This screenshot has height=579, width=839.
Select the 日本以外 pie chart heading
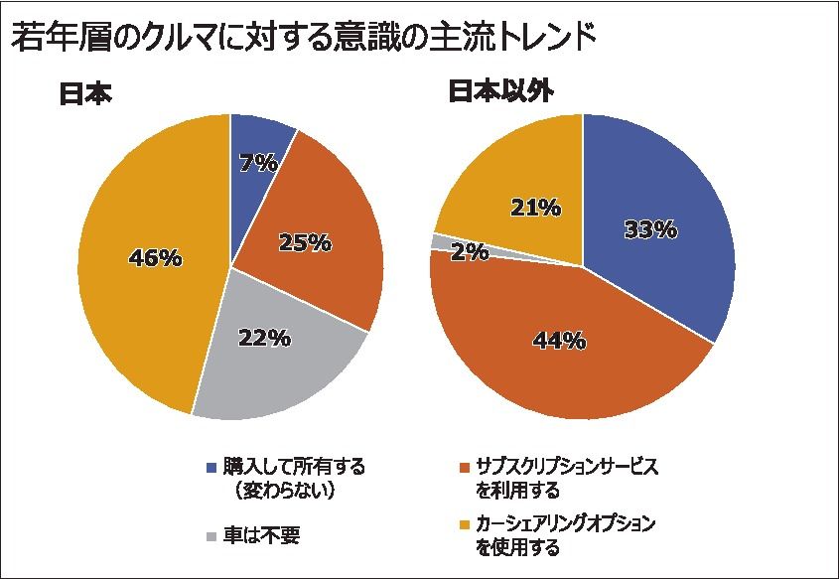pos(500,90)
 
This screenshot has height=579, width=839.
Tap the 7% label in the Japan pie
pos(258,162)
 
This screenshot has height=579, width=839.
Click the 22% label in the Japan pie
pos(264,338)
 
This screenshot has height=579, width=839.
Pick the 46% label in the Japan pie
pos(156,257)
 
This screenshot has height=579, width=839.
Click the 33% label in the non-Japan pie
pos(650,229)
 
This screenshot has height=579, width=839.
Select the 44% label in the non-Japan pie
pos(559,340)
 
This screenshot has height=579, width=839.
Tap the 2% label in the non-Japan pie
pos(468,252)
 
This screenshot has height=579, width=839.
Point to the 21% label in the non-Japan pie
pos(535,208)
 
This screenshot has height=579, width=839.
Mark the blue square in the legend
pos(210,467)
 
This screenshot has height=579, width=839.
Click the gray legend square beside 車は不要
pos(210,536)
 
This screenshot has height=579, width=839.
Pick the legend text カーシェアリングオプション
pos(567,523)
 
